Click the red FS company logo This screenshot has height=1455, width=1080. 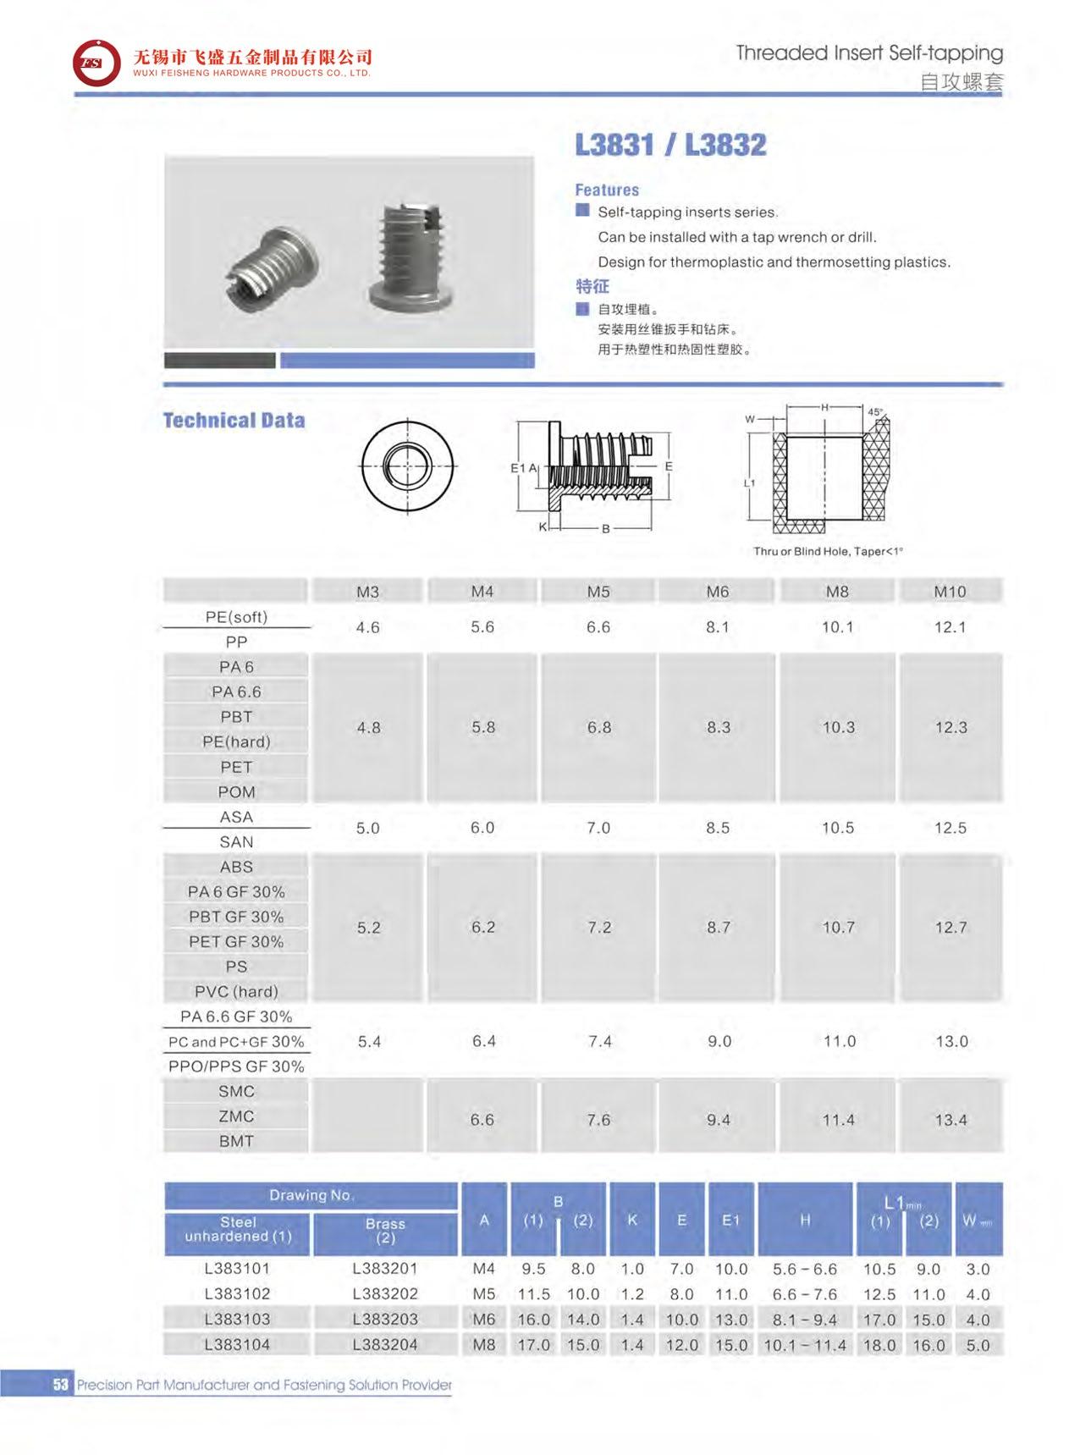pyautogui.click(x=96, y=63)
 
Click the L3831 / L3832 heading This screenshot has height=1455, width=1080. pyautogui.click(x=670, y=145)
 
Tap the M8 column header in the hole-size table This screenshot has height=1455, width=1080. pyautogui.click(x=836, y=592)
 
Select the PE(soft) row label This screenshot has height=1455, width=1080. pyautogui.click(x=236, y=617)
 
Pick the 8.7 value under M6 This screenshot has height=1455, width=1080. pyautogui.click(x=719, y=928)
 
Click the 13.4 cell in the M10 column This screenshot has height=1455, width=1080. pyautogui.click(x=951, y=1120)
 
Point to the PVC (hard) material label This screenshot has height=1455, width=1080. pyautogui.click(x=236, y=991)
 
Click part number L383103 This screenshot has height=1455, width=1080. pyautogui.click(x=237, y=1319)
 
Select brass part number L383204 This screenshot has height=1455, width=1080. pyautogui.click(x=385, y=1344)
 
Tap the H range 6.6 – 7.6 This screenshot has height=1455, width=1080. pyautogui.click(x=804, y=1294)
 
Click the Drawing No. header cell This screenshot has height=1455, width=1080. pyautogui.click(x=311, y=1195)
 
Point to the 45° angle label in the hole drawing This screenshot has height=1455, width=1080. pyautogui.click(x=875, y=412)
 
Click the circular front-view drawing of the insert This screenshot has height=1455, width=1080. pyautogui.click(x=408, y=466)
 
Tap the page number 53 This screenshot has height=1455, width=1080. pyautogui.click(x=60, y=1385)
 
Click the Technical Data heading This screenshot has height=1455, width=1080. pyautogui.click(x=234, y=421)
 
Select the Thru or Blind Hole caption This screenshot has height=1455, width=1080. pyautogui.click(x=828, y=551)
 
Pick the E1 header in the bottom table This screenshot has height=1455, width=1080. pyautogui.click(x=730, y=1220)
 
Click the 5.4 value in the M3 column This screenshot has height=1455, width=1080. pyautogui.click(x=369, y=1041)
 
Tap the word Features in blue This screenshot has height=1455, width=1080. pyautogui.click(x=607, y=190)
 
